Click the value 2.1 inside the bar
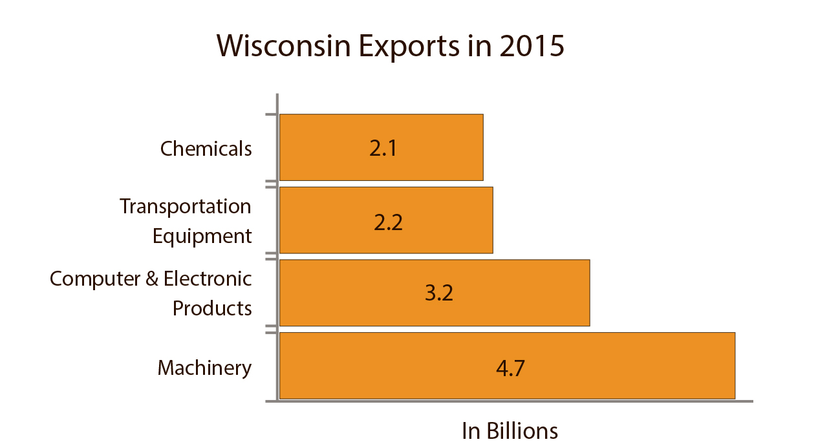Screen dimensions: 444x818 click(382, 149)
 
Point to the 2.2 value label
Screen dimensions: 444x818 click(388, 222)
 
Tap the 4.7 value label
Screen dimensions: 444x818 click(510, 368)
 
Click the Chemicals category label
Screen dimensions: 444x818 click(206, 149)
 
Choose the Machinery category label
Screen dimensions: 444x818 click(204, 368)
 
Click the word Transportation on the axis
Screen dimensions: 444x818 click(186, 206)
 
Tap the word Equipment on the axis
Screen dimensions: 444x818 click(202, 237)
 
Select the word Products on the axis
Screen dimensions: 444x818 click(212, 308)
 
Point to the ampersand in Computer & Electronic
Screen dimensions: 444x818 click(152, 279)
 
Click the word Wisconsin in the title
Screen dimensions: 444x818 click(289, 47)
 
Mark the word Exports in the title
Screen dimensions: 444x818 click(424, 47)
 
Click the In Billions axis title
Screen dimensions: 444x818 click(509, 431)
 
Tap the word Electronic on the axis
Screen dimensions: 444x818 click(208, 279)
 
